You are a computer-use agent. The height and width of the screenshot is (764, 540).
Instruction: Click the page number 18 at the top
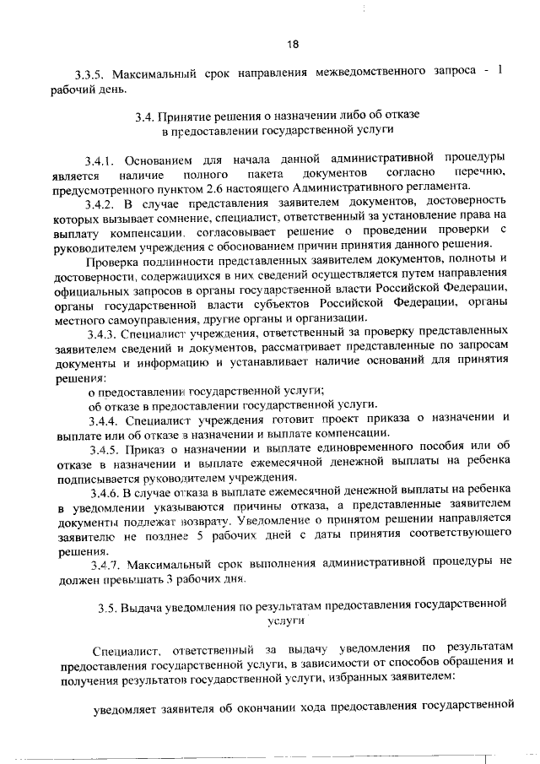[292, 44]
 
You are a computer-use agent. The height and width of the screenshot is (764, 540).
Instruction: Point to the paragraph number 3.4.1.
[99, 158]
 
